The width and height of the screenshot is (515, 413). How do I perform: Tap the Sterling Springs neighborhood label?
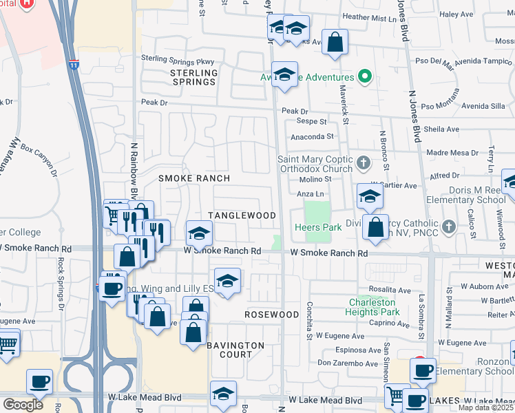193,77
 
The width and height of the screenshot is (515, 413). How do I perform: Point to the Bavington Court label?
235,350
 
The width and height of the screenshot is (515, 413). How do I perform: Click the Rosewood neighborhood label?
271,314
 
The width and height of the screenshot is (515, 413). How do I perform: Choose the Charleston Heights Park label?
374,307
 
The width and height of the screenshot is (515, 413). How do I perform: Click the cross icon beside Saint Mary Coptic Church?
366,163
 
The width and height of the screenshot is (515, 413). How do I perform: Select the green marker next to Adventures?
366,77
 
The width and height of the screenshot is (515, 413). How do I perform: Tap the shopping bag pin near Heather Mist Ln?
335,42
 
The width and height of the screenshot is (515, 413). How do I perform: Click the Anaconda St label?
311,137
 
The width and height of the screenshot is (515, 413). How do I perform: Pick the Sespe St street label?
311,122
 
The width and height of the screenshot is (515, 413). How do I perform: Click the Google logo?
23,404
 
